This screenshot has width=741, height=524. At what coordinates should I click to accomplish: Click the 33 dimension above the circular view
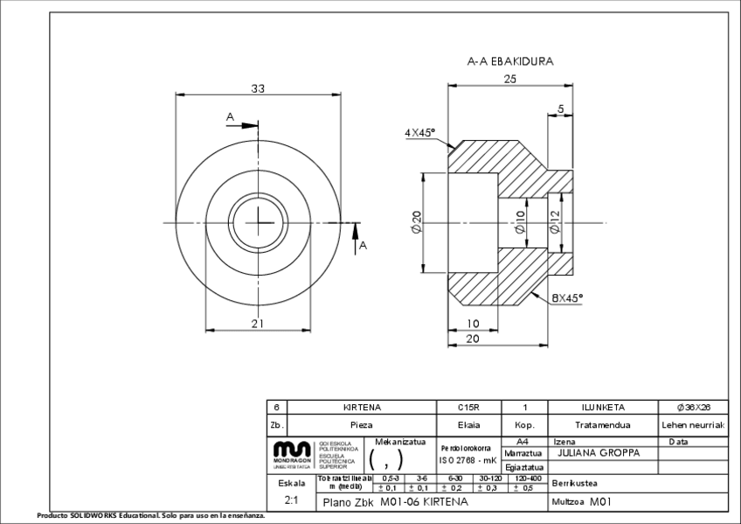click(258, 88)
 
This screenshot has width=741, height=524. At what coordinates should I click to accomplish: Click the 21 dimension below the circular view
click(257, 324)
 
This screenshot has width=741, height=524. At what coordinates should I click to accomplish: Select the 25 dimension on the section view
click(511, 80)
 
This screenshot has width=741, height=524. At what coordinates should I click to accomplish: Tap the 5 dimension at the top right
click(560, 108)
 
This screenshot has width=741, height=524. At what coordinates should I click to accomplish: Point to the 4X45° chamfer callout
click(420, 132)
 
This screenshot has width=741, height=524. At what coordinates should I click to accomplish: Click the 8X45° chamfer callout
click(566, 297)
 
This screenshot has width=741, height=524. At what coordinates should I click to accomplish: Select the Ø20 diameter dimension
click(416, 224)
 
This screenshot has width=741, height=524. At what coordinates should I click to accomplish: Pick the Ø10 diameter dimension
click(520, 223)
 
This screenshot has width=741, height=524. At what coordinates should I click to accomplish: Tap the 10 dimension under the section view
click(472, 324)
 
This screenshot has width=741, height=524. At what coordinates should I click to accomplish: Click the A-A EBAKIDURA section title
click(510, 61)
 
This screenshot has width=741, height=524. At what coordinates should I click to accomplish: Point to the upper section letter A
click(230, 116)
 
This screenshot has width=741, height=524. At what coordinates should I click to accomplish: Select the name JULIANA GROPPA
click(598, 453)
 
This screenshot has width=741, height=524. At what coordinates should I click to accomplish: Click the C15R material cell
click(469, 408)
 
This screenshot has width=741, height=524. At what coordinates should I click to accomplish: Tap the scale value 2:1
click(292, 501)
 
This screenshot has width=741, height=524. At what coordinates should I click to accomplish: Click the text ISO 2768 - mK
click(468, 459)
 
